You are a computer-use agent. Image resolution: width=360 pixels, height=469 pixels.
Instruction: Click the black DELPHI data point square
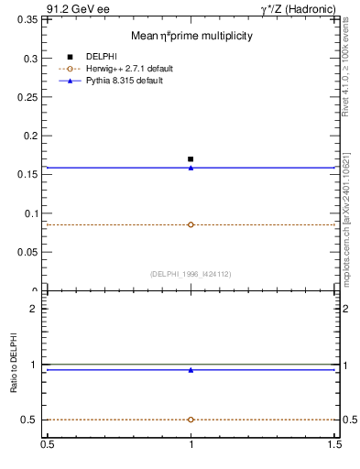[x=191, y=159]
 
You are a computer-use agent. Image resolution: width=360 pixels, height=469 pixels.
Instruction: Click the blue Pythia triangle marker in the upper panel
[x=191, y=168]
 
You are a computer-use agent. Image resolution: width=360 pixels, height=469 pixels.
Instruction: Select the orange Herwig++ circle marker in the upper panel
[x=191, y=224]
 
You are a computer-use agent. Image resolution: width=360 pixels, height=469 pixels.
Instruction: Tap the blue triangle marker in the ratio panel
[x=191, y=370]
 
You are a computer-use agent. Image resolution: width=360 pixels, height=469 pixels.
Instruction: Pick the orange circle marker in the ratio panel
[x=191, y=420]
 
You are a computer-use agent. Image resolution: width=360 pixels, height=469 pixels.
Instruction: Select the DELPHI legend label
[x=101, y=57]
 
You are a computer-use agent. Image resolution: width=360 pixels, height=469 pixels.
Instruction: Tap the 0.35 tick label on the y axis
[x=28, y=59]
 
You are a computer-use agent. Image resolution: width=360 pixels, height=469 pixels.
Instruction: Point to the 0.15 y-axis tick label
[x=28, y=175]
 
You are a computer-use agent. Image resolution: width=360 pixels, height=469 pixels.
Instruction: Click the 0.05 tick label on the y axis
[x=28, y=252]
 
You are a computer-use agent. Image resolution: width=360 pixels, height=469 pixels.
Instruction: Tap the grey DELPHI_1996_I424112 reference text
[x=191, y=274]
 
